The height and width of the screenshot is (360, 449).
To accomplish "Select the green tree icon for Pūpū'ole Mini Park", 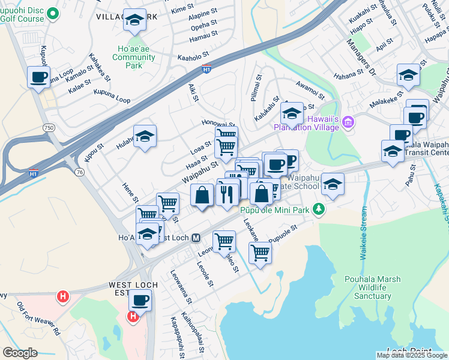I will tap(320, 209).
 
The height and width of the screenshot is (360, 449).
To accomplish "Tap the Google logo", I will tap(20, 353).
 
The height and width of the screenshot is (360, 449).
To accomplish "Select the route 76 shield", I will tap(79, 172).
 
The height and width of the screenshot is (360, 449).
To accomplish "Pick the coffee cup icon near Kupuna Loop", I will tap(38, 77).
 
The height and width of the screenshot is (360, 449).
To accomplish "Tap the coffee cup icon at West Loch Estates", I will tap(140, 300).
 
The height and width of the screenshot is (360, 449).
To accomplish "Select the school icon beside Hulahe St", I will tap(145, 137).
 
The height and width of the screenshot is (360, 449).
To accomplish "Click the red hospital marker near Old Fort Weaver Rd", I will tap(62, 296).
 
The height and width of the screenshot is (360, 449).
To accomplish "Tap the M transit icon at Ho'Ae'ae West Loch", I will tap(196, 238).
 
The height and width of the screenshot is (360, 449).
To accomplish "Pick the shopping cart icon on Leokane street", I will tap(260, 252).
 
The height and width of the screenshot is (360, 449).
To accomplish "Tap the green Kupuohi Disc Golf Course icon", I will tap(52, 13).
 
